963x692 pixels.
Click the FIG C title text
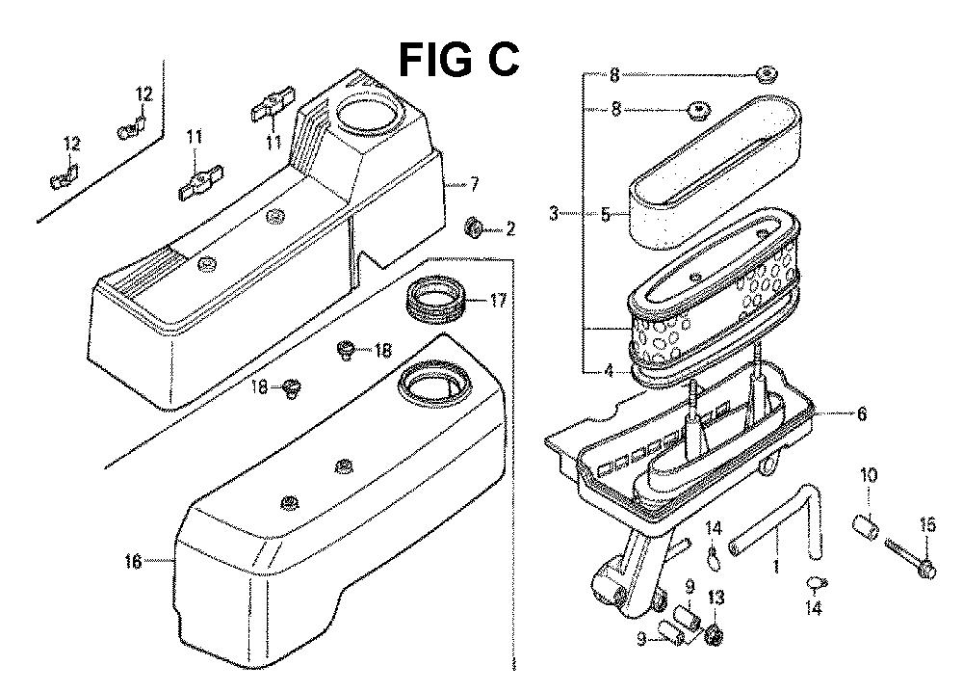click(459, 60)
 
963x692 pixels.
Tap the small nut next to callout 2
click(474, 228)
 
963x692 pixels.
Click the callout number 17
click(497, 301)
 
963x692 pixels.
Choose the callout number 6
click(861, 414)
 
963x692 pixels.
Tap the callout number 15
click(927, 524)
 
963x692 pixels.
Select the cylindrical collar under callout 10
click(866, 528)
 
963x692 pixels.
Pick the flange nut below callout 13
click(715, 636)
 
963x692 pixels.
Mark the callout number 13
click(714, 598)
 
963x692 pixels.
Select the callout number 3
click(554, 214)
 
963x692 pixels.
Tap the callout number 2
click(509, 229)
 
